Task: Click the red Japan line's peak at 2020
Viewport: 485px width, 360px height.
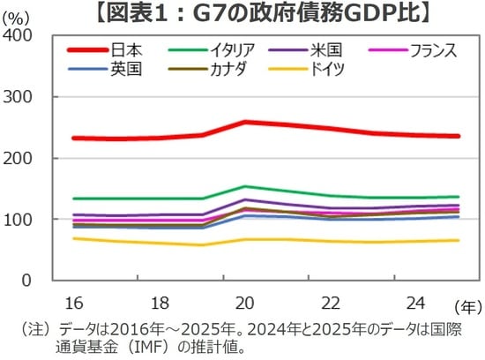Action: tap(245, 122)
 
